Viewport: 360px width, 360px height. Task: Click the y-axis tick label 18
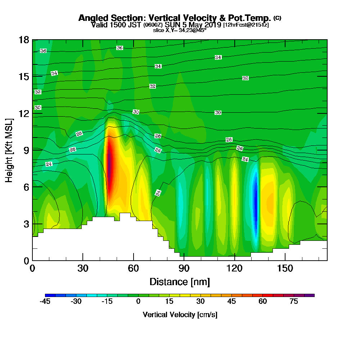[x=24, y=40]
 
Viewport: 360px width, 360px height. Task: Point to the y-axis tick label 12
[x=24, y=113]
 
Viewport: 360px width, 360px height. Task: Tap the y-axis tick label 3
[x=26, y=224]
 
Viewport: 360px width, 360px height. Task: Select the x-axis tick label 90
[x=184, y=269]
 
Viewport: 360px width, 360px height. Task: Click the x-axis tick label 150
[x=285, y=269]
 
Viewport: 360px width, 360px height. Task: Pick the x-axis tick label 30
[x=83, y=269]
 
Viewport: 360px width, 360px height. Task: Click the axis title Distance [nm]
[x=180, y=282]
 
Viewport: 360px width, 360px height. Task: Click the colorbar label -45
[x=45, y=302]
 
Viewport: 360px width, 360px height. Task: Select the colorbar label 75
[x=294, y=302]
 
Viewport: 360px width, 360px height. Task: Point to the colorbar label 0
[x=138, y=302]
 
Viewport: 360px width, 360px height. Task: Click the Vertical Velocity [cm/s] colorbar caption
[x=180, y=315]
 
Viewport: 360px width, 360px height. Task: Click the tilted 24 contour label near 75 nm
[x=158, y=193]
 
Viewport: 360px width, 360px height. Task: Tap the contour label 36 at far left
[x=43, y=51]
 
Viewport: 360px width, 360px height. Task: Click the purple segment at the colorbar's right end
[x=309, y=295]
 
